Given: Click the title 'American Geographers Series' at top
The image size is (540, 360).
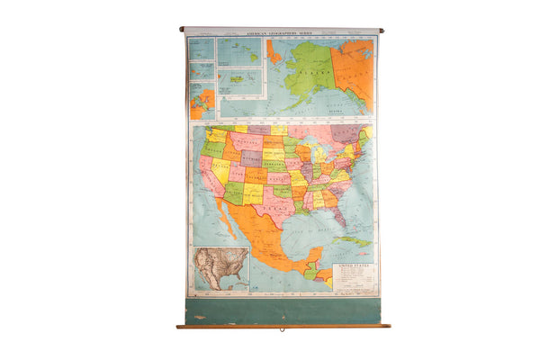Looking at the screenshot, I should coord(281,31).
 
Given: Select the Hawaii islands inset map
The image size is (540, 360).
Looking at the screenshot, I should coord(239,82).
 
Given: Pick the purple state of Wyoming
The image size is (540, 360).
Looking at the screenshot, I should coord(252,157).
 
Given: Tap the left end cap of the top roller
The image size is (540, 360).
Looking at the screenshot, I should coord(182,29).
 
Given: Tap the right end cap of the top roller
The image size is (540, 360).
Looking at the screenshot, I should coord(381,30).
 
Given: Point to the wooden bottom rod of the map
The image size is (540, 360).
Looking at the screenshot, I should coord(283,326).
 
